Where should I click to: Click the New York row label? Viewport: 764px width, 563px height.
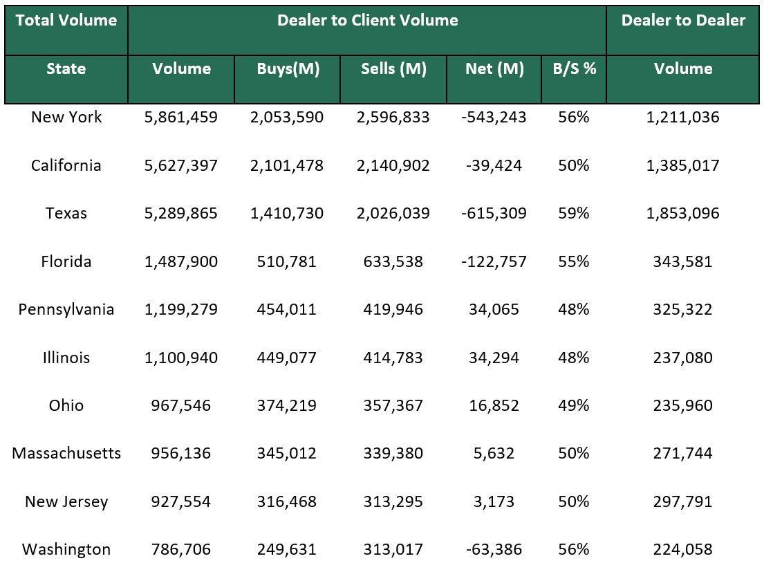pos(66,118)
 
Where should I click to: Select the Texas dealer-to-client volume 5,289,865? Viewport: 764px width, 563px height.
pos(181,213)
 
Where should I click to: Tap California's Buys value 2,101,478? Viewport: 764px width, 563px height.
pos(287,165)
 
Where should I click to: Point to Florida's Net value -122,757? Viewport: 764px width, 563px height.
pos(494,261)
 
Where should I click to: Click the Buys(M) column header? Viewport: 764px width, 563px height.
pos(288,68)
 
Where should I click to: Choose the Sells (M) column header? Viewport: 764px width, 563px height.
pos(393,68)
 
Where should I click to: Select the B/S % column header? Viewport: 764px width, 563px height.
pos(574,68)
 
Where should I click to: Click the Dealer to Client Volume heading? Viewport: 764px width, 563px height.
pos(367,20)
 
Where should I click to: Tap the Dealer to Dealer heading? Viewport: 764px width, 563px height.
pos(683,20)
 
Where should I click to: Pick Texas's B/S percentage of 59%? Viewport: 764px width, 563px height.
pos(574,213)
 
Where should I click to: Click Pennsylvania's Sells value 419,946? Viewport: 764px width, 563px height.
pos(393,309)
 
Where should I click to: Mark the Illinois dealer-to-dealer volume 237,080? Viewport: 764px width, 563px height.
pos(683,358)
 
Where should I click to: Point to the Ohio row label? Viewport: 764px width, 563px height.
pos(66,405)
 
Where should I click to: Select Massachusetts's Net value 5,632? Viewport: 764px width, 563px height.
pos(494,454)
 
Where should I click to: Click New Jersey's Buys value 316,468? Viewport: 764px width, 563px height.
pos(287,501)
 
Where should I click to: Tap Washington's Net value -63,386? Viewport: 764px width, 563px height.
pos(494,550)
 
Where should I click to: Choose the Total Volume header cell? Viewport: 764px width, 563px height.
pos(66,20)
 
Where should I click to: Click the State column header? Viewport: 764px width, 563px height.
pos(66,68)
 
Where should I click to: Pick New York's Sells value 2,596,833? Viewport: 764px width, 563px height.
pos(393,118)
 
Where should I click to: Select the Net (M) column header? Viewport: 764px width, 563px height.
pos(494,68)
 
